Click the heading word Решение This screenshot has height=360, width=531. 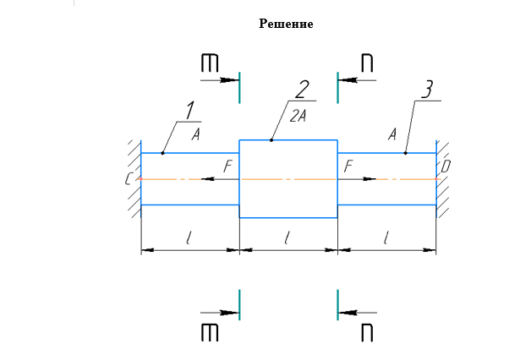point(286,24)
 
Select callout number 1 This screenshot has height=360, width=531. point(190,110)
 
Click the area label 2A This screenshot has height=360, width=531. point(298,117)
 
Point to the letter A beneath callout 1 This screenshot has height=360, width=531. point(194,134)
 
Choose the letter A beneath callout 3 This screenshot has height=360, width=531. point(392,134)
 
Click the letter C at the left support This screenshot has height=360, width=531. point(128,179)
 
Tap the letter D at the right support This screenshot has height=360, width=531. point(446,168)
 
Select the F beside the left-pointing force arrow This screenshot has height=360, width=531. point(227,168)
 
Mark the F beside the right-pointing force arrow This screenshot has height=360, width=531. point(348,168)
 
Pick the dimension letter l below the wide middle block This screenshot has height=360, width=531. point(287,238)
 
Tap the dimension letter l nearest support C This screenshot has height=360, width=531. point(188,238)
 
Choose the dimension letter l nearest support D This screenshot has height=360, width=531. point(386,238)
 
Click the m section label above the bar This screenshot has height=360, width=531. point(210,63)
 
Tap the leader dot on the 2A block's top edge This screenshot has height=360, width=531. point(271,139)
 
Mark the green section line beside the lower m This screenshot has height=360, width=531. point(239,305)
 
